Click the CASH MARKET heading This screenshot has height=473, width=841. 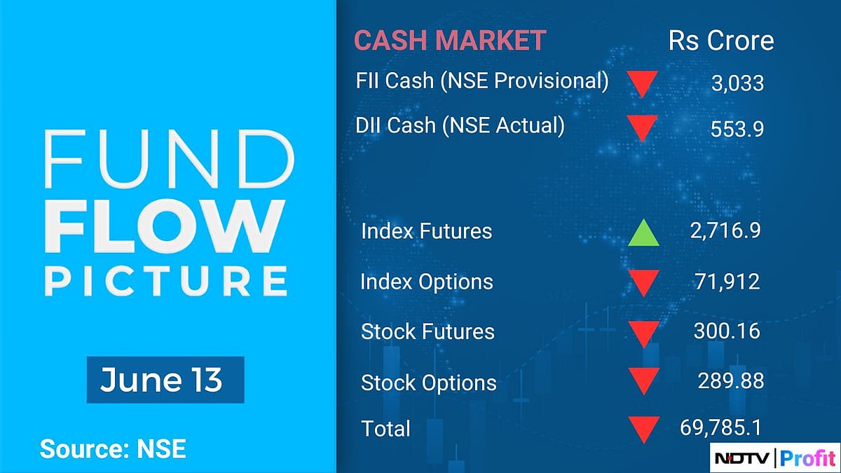tap(449, 40)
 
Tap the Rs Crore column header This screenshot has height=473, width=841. tap(721, 40)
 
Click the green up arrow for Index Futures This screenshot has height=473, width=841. tap(643, 233)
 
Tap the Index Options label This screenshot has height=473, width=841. tap(427, 282)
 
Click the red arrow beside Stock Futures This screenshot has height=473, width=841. tap(643, 334)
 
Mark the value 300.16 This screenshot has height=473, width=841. tap(727, 331)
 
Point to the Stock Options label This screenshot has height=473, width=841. tap(428, 383)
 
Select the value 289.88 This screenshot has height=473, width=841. tap(730, 381)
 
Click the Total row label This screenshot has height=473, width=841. tap(385, 428)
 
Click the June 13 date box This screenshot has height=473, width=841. tap(165, 380)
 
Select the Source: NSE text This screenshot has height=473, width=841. tap(113, 448)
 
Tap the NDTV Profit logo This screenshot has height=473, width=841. tap(774, 459)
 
